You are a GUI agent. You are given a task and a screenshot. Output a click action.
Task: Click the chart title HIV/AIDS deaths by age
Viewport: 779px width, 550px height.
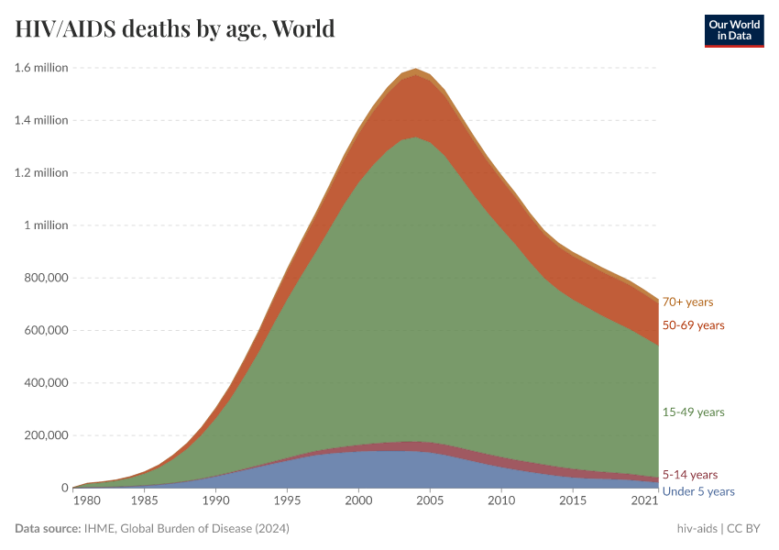point(175,29)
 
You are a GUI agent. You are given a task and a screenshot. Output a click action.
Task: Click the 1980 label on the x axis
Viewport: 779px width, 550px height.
point(86,500)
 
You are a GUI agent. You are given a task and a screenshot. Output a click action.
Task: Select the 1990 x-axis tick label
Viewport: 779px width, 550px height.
point(215,500)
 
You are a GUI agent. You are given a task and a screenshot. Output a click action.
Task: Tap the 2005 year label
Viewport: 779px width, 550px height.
point(430,500)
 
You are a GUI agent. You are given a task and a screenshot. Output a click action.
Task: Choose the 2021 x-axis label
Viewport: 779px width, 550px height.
point(645,500)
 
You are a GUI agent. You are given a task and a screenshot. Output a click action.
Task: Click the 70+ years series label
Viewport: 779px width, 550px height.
point(687,302)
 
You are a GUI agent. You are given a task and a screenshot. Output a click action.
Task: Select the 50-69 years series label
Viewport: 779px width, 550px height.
point(693,325)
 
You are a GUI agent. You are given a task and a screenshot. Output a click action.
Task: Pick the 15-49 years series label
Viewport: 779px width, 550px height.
point(693,412)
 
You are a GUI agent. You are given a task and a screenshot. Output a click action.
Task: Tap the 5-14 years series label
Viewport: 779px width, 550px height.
point(689,475)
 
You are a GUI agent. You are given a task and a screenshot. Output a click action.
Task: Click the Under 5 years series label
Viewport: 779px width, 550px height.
point(698,491)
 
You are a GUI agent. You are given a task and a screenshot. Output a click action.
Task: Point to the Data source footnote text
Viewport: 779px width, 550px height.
point(151,529)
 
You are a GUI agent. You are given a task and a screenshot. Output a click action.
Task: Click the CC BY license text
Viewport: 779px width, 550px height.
point(744,529)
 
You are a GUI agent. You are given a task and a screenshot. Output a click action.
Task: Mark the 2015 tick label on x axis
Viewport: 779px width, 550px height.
point(574,500)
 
